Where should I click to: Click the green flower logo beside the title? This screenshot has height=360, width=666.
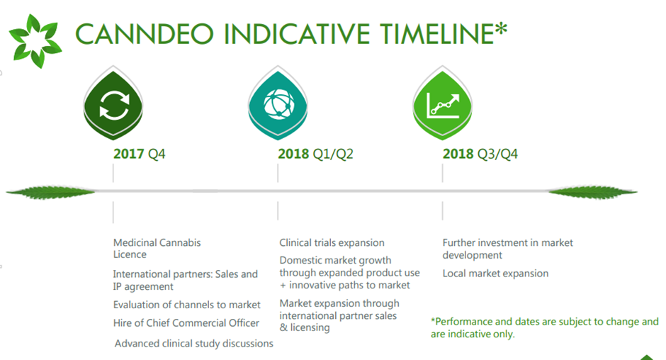pos(35,41)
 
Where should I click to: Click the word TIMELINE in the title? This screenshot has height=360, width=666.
pos(436,34)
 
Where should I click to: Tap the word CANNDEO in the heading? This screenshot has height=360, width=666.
pos(145,34)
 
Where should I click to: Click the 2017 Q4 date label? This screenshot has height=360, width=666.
pos(140,154)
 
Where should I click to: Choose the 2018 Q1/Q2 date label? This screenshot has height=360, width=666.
pos(315,154)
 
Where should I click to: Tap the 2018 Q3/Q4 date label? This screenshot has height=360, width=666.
pos(480,154)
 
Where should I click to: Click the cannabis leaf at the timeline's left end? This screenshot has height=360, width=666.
pos(51,192)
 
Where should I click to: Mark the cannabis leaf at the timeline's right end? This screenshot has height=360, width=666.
pos(593,192)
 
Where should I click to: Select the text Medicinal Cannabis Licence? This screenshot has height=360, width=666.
pos(157,249)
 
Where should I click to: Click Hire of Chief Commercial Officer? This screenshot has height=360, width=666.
pos(186,323)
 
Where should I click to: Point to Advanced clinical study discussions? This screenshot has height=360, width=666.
pos(194,344)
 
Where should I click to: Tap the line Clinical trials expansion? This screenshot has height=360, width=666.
pos(332,242)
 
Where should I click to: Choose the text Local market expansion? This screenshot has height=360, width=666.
pos(495,274)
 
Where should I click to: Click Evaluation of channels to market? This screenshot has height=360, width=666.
pos(187,305)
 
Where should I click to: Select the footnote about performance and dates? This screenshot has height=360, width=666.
pos(545,327)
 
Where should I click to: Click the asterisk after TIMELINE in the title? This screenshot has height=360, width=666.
pos(501,29)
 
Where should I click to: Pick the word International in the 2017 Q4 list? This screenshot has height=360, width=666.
pos(141,274)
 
